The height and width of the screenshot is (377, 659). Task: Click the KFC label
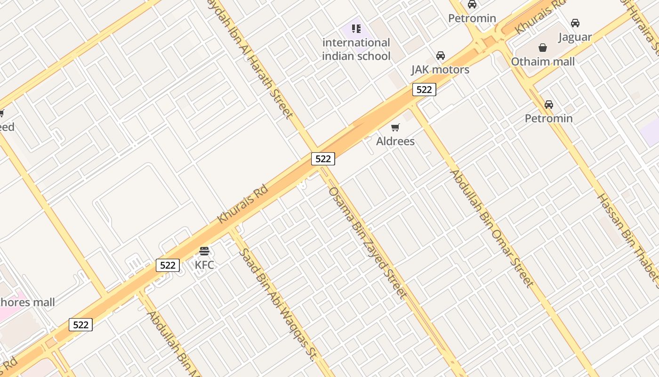pos(204,265)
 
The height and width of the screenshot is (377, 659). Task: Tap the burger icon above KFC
pos(204,251)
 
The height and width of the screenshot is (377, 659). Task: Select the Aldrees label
pos(395,141)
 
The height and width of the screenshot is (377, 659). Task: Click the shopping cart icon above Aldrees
pos(395,127)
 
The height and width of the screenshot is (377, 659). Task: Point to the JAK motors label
pos(440,70)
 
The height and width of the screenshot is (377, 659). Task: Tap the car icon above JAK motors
pos(441,56)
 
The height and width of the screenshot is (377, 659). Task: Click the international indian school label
pos(356,49)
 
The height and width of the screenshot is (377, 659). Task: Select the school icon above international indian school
pos(356,29)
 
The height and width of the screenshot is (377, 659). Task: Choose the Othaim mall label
pos(543,62)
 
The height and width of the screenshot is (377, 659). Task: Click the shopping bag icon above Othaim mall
pos(543,48)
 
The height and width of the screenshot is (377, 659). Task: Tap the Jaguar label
pos(575,37)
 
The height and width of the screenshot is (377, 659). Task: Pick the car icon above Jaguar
pos(575,23)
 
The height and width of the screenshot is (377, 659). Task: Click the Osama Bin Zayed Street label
pos(367,243)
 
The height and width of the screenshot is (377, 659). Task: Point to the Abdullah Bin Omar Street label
pos(492,229)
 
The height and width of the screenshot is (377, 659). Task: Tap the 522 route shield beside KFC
pos(168,265)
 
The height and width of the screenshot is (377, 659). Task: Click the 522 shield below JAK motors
pos(424,90)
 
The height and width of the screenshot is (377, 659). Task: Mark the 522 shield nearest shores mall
pos(80,325)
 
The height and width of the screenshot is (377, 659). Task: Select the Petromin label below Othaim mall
pos(549,118)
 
